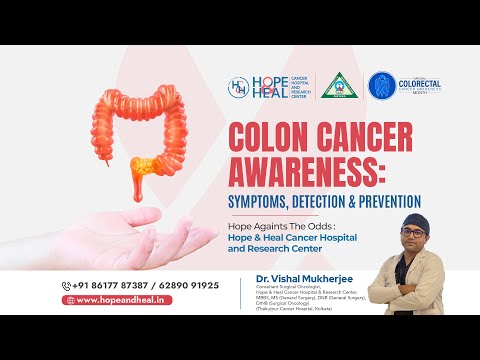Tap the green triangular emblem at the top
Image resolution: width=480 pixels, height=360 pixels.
340,86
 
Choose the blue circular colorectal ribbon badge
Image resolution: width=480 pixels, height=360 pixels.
385,86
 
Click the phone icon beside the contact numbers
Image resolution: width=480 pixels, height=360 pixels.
67,285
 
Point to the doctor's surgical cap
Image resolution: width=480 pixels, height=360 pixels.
415,218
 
